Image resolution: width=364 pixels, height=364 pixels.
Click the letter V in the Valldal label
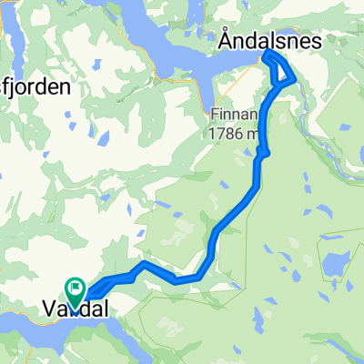click(x=49, y=311)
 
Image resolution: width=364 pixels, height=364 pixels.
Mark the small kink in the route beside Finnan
click(x=263, y=155)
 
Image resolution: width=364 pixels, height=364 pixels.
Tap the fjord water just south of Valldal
click(x=55, y=331)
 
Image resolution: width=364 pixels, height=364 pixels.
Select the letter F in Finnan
click(x=215, y=116)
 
